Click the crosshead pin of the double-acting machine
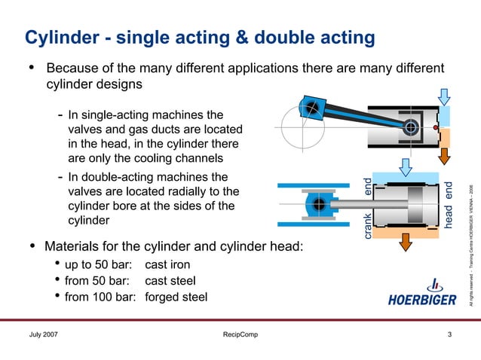[x=319, y=204]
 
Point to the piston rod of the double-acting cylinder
[x=354, y=204]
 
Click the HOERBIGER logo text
[x=422, y=301]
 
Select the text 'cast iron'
[x=167, y=265]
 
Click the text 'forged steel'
[x=176, y=297]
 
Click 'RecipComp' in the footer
[x=235, y=334]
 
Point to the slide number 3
[x=449, y=334]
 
